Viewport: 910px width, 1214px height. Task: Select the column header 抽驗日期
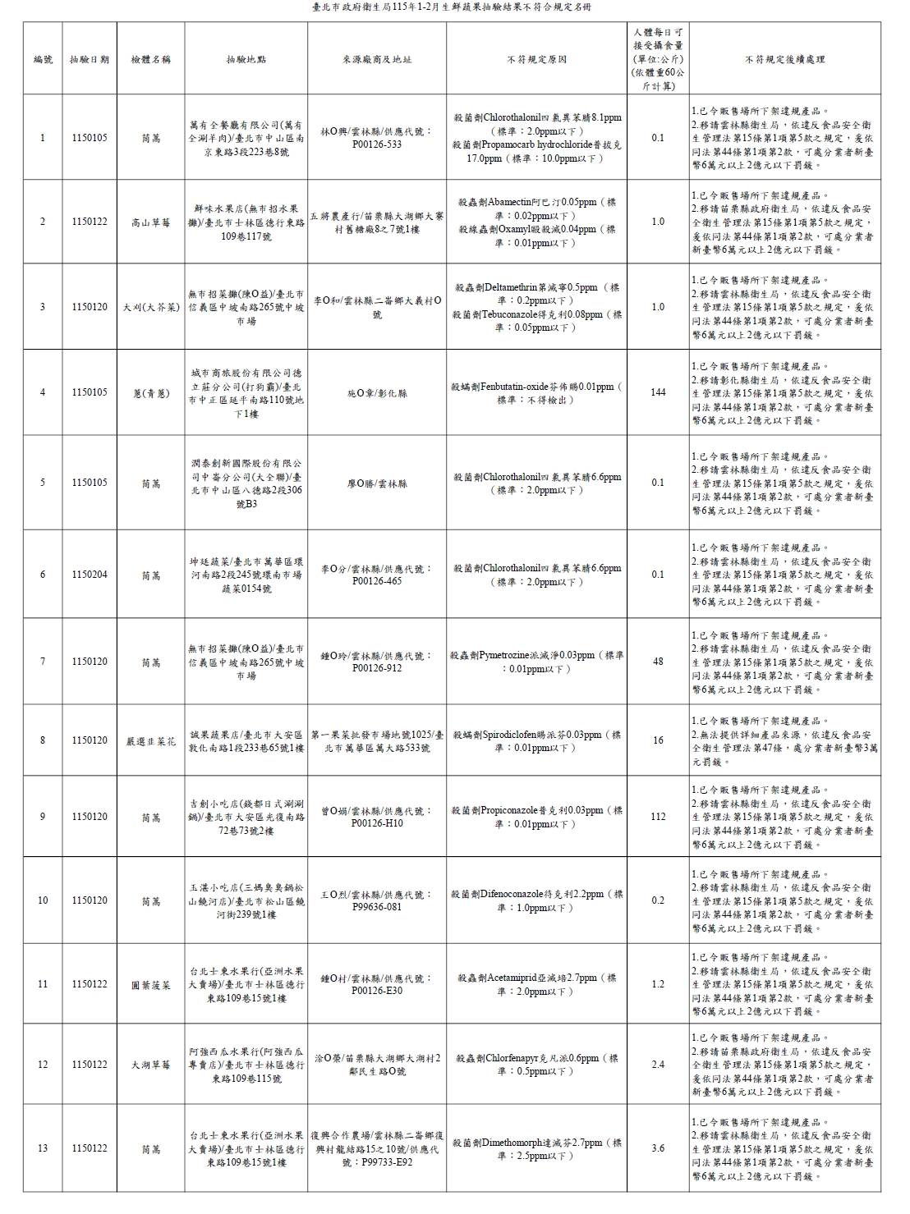tap(90, 59)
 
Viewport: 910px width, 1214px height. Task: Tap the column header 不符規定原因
tap(537, 59)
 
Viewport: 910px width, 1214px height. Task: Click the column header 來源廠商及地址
tap(377, 59)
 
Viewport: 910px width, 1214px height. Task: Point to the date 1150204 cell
tap(90, 575)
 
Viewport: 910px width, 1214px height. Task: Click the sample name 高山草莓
tap(151, 222)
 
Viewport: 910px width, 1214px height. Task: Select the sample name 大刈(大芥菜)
tap(151, 307)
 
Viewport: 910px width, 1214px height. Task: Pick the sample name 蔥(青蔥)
tap(151, 392)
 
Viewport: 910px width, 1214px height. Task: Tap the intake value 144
tap(658, 392)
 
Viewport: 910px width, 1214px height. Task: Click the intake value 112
tap(658, 817)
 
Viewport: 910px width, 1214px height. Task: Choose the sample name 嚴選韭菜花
tap(151, 740)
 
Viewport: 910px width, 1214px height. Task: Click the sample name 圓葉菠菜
tap(151, 984)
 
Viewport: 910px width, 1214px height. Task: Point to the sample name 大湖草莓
tap(151, 1065)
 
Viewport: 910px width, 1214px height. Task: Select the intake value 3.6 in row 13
tap(658, 1148)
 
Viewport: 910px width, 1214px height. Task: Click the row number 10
tap(43, 900)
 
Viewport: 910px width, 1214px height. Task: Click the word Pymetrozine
tap(513, 655)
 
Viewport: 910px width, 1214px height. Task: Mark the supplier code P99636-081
tap(377, 907)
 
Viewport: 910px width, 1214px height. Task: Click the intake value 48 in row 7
tap(658, 662)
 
